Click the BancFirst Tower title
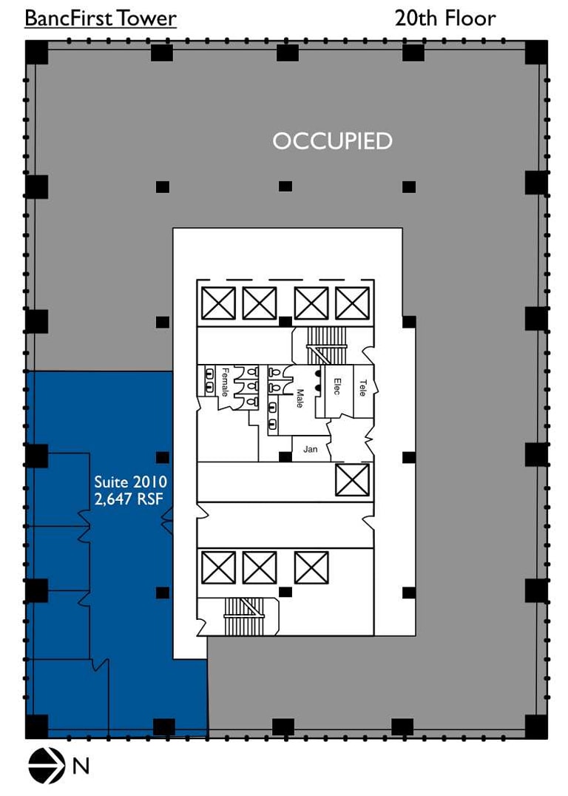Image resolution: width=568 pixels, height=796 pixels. [x=101, y=18]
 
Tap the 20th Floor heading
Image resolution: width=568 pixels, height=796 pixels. [x=444, y=18]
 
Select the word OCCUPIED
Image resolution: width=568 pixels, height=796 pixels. [x=332, y=141]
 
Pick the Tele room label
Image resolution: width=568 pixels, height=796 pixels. [x=362, y=388]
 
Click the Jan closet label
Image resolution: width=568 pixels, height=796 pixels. [x=310, y=449]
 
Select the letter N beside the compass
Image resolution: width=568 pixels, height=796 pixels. [x=80, y=766]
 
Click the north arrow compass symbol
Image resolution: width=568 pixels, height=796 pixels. [x=45, y=766]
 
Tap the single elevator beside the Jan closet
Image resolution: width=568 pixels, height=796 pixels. [x=352, y=479]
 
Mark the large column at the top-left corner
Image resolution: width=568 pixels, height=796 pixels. [x=37, y=53]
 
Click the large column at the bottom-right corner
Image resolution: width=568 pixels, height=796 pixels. [x=536, y=726]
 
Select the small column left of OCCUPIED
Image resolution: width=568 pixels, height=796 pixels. [x=163, y=186]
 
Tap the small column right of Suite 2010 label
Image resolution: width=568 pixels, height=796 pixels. [x=163, y=457]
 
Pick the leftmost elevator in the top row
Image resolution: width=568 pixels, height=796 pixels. [x=218, y=303]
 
